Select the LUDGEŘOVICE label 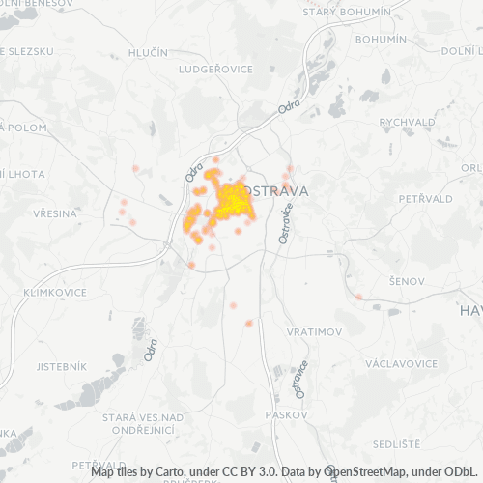click(x=215, y=70)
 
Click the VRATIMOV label click(x=314, y=331)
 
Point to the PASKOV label click(x=290, y=414)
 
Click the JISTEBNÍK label click(x=61, y=367)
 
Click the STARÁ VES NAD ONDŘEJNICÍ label click(x=143, y=423)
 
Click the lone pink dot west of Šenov click(x=358, y=296)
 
